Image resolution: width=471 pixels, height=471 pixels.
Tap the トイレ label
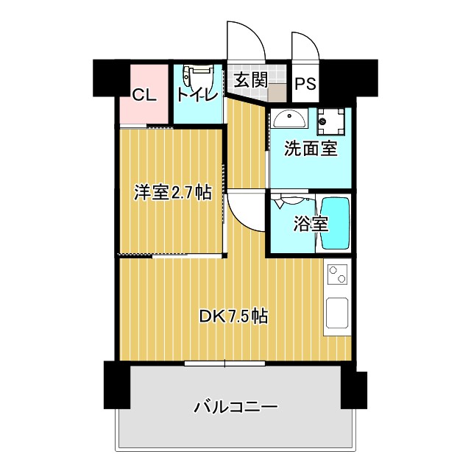(x=196, y=95)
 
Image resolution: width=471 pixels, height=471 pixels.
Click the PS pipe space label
(x=305, y=83)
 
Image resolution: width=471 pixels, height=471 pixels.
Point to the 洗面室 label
(x=311, y=148)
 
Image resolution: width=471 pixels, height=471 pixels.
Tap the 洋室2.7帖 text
(x=173, y=193)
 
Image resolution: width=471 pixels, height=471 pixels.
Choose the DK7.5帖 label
(x=233, y=316)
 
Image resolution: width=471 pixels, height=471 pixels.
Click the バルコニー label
(x=235, y=406)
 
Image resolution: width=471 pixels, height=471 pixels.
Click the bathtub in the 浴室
(x=335, y=224)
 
